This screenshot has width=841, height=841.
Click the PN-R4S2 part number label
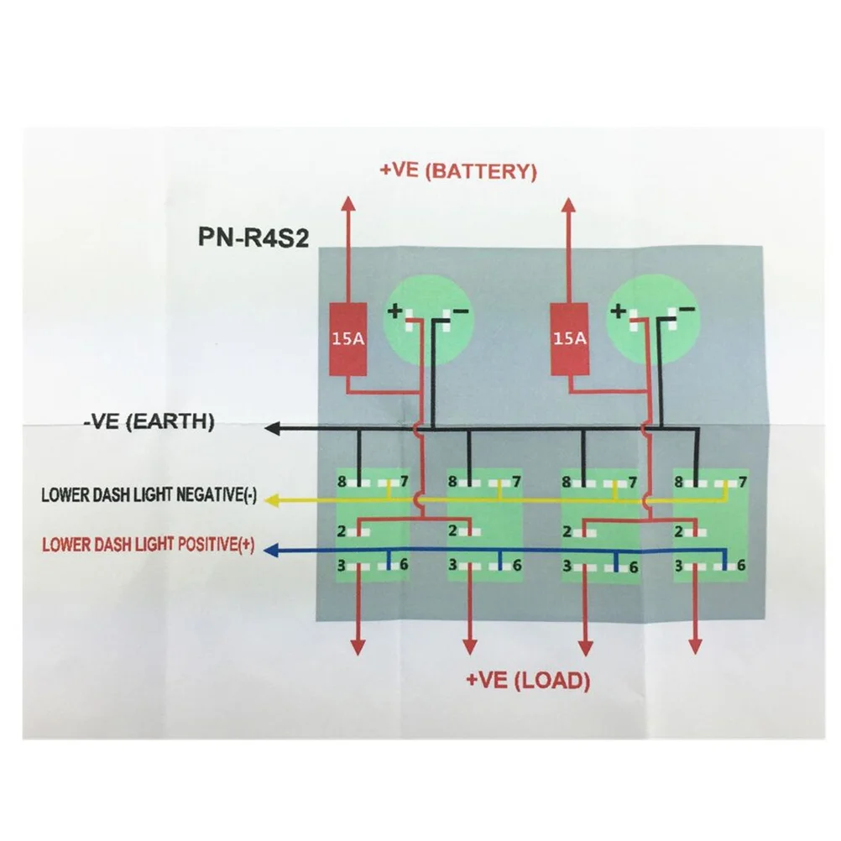point(253,238)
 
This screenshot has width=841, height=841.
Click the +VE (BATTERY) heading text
point(457,171)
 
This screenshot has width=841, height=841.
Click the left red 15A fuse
point(346,338)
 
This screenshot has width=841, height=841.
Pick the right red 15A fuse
point(569,338)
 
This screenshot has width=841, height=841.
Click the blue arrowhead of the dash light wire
point(271,551)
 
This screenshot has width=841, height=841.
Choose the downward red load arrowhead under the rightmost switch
point(695,645)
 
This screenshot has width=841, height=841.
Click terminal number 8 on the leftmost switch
point(342,482)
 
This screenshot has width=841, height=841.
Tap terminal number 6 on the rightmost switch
point(741,565)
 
